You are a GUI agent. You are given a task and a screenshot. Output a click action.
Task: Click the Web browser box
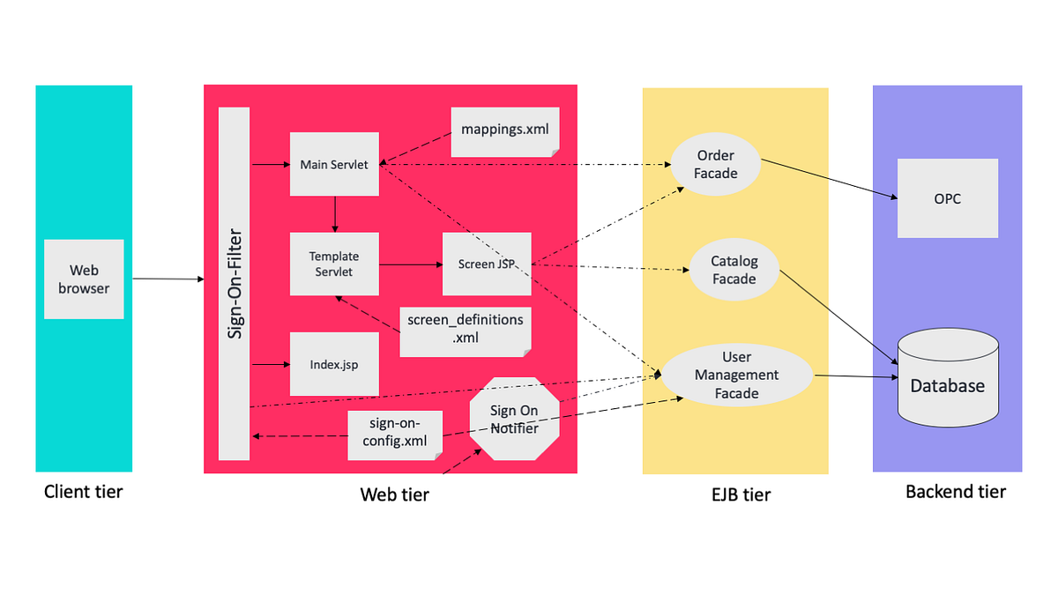(x=84, y=279)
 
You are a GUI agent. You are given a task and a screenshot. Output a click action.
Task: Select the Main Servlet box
(x=334, y=164)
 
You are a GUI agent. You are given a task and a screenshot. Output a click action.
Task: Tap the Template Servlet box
(x=334, y=264)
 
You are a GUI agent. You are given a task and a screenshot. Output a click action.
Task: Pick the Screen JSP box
(x=487, y=264)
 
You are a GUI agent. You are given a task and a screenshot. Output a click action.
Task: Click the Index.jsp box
(x=334, y=364)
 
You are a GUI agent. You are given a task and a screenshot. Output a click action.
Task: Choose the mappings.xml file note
(x=504, y=131)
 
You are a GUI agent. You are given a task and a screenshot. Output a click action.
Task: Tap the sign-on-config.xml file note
(x=394, y=435)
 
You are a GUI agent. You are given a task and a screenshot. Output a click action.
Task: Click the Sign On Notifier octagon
(x=514, y=419)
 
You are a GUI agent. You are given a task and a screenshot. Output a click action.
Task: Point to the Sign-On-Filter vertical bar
(x=235, y=283)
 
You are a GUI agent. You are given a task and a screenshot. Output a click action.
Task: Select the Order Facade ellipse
(x=715, y=165)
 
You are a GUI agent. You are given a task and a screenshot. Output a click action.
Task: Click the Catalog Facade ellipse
(x=734, y=271)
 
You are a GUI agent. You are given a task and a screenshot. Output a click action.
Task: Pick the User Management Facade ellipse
(x=736, y=375)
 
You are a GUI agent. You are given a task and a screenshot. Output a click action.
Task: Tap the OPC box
(x=947, y=198)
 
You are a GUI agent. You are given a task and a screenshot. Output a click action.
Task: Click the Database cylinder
(x=947, y=378)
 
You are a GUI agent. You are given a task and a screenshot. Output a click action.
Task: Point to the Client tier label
(x=84, y=492)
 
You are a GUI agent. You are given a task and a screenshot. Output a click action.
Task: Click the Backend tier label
(x=955, y=492)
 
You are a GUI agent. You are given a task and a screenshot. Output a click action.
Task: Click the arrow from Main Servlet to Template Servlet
(x=335, y=214)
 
